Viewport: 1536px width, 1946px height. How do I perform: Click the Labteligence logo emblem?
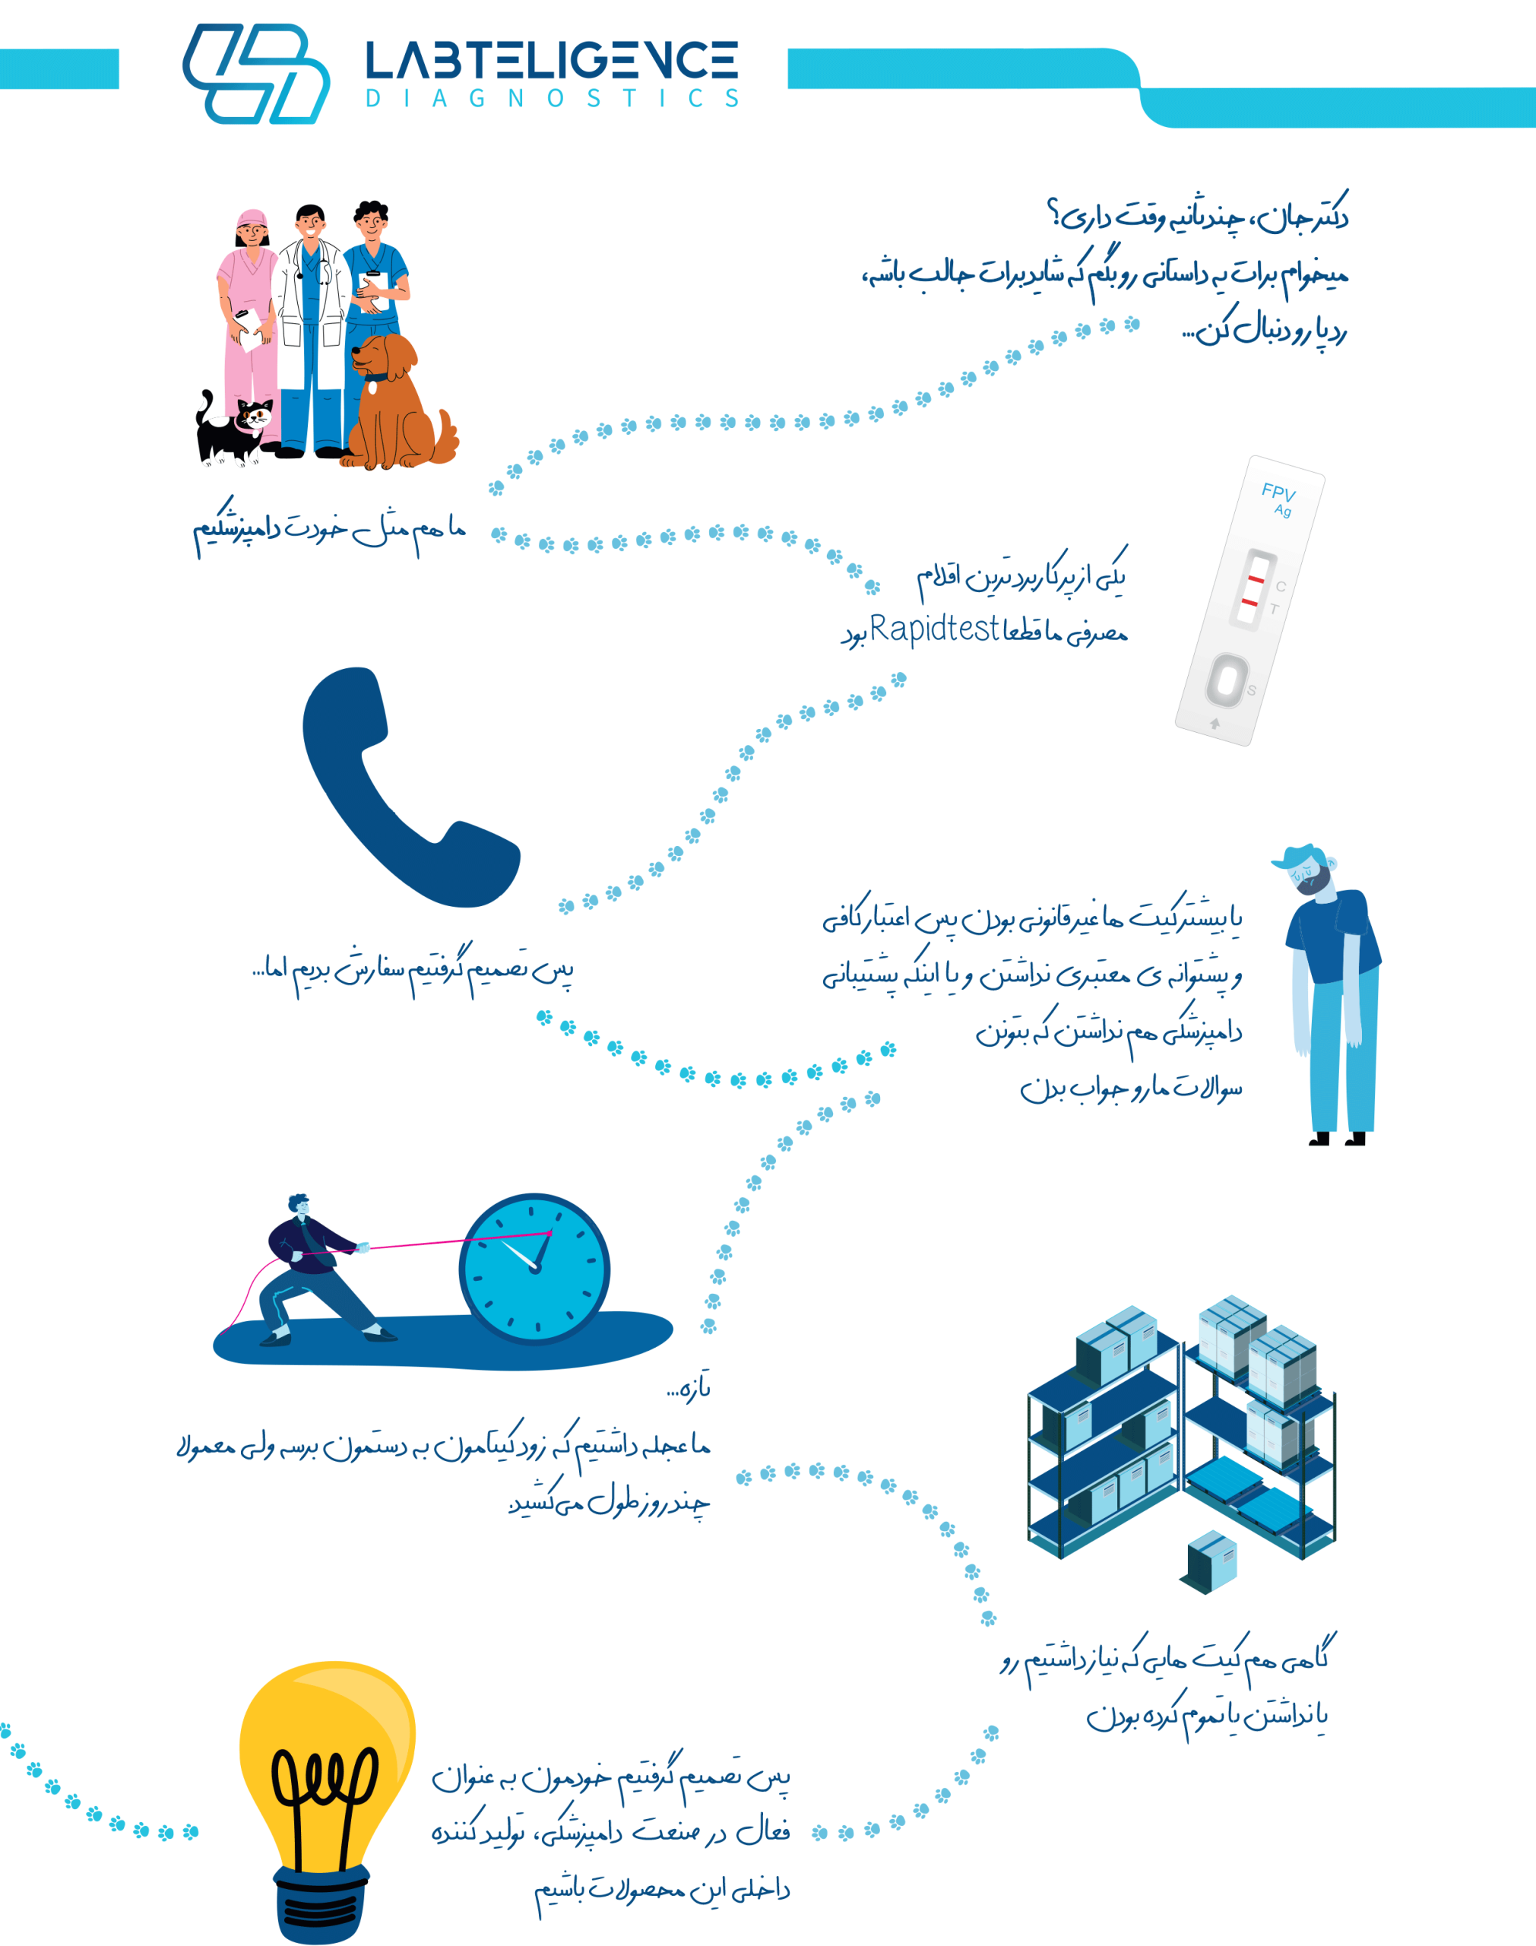[255, 74]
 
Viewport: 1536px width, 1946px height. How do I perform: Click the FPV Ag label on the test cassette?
[1278, 498]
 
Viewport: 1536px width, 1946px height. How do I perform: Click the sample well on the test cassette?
[1224, 679]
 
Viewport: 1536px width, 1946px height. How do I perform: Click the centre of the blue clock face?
[534, 1268]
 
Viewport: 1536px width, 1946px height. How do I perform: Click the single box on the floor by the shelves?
[1211, 1560]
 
